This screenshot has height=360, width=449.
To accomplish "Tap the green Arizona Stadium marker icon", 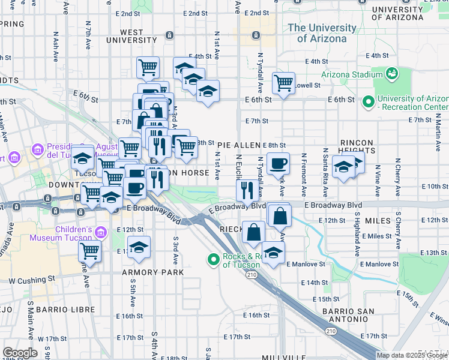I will (x=393, y=74).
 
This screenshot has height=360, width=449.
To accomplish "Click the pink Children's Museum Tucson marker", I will (x=100, y=231).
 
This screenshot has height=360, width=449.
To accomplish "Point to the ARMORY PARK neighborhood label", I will (x=152, y=272).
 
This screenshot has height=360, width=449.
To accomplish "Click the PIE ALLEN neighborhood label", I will (x=238, y=145).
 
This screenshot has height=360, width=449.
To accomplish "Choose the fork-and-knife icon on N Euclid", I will (x=247, y=190).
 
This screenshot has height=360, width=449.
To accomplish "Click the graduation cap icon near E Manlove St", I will (x=273, y=253).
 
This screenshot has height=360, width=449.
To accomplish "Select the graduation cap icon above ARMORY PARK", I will (x=139, y=247).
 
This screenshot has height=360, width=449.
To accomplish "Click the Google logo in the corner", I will (x=20, y=353).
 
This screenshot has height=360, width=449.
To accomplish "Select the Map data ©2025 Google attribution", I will (x=411, y=355).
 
